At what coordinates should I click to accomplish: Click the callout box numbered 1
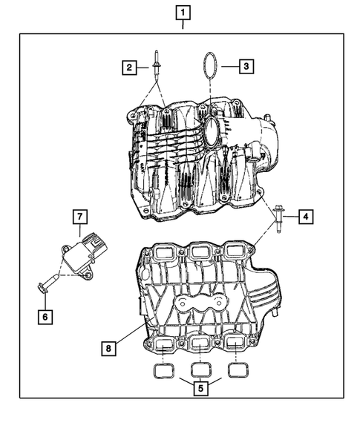tap(183, 12)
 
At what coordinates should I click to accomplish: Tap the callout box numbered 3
tap(246, 65)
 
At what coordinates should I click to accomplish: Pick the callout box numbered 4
tap(306, 217)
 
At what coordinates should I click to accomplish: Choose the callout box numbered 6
tap(46, 316)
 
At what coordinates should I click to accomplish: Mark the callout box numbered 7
tap(80, 217)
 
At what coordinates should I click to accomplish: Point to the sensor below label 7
tap(79, 254)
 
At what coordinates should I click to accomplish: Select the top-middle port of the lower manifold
tap(199, 254)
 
